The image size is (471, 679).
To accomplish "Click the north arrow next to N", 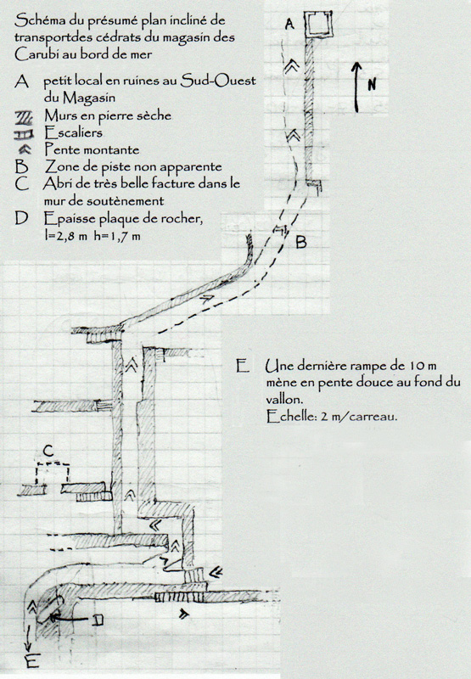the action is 356,87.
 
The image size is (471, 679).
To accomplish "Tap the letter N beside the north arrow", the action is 372,84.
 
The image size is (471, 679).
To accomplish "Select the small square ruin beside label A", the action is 319,25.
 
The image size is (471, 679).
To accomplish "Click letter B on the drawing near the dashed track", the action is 301,242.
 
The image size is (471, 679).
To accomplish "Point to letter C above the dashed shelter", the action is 48,452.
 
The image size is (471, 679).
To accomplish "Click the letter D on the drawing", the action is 98,620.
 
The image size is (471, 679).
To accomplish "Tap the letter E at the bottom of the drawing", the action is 33,662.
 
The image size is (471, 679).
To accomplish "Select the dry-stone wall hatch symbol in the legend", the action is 25,117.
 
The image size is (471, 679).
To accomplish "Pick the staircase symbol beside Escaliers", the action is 25,135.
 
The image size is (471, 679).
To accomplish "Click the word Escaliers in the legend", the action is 74,132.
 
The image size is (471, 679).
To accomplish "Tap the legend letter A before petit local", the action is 22,81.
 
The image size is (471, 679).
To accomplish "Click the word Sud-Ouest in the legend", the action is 218,81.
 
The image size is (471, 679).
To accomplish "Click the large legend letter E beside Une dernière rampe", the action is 243,367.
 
